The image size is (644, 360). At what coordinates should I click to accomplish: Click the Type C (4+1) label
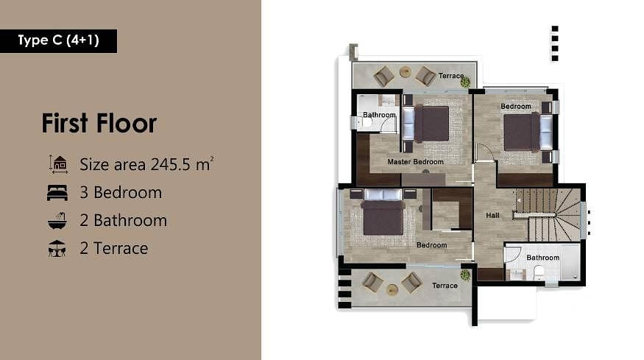(58, 40)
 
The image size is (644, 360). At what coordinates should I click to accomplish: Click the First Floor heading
(99, 123)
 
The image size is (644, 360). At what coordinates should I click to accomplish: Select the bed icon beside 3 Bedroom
(57, 193)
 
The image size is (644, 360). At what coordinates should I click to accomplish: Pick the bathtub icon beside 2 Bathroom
(57, 221)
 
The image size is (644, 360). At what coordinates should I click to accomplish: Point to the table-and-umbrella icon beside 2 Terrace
(57, 249)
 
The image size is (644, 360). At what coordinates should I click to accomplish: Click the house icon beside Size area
(58, 164)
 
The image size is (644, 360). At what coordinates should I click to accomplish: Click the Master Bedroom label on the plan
(415, 162)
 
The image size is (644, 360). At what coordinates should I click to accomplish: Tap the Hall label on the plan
(492, 216)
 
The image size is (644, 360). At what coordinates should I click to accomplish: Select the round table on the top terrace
(406, 72)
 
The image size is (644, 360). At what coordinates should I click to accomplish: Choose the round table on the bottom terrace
(392, 290)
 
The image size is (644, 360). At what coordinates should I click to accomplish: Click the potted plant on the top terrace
(465, 82)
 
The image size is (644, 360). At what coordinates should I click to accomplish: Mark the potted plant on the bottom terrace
(465, 275)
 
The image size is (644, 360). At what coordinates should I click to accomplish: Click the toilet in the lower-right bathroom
(539, 272)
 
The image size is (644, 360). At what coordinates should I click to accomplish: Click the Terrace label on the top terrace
(451, 76)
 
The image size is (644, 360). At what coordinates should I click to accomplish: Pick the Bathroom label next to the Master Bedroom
(379, 115)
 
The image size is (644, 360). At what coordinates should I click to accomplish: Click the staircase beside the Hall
(548, 215)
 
